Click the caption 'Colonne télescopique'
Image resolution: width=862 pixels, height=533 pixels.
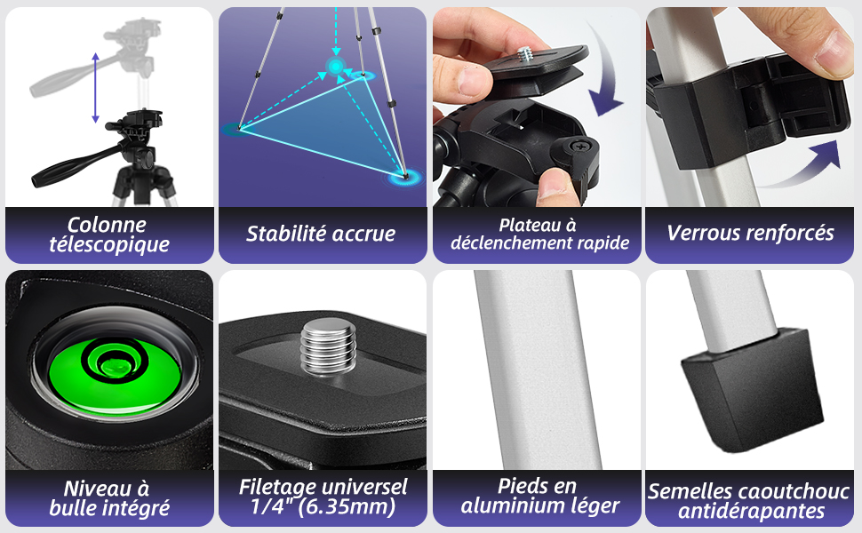(x=108, y=235)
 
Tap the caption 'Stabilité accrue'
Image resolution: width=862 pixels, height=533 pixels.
(x=321, y=235)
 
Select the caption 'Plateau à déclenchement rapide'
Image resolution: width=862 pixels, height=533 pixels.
(x=539, y=235)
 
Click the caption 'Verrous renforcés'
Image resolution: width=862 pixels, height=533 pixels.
(x=751, y=234)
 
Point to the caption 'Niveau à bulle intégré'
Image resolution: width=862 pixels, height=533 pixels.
(x=108, y=498)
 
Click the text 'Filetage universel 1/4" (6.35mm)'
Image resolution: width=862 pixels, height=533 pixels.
(x=323, y=497)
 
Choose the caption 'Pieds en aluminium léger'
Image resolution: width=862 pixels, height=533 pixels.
(x=537, y=497)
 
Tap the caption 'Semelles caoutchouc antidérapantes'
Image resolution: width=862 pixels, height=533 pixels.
(x=751, y=501)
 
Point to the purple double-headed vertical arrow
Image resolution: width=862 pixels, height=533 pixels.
(x=95, y=87)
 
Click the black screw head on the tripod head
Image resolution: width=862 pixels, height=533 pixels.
(x=574, y=145)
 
